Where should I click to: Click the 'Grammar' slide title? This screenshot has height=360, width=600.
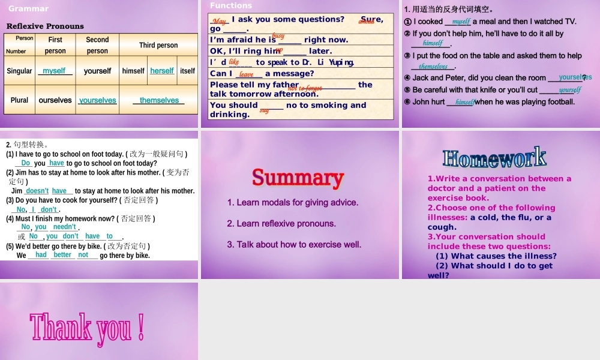(28, 9)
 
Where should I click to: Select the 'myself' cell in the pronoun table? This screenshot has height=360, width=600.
(54, 71)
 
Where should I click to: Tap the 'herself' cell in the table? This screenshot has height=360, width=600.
(162, 71)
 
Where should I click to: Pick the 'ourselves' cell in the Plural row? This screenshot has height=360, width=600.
(55, 100)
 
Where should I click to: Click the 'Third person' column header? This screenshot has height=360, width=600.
(158, 45)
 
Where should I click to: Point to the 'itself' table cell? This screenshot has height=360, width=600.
(187, 71)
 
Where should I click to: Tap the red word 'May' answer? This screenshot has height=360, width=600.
(220, 21)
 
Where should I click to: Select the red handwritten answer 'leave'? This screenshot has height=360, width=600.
(247, 74)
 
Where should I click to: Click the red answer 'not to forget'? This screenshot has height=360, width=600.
(305, 88)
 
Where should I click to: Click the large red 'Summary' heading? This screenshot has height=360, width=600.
(298, 178)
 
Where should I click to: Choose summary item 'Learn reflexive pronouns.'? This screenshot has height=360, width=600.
(281, 223)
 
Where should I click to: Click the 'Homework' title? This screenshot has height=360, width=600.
(494, 158)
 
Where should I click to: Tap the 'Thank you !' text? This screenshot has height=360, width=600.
(87, 328)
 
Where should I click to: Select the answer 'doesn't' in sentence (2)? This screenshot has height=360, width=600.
(37, 191)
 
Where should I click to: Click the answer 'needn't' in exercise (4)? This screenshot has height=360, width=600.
(64, 227)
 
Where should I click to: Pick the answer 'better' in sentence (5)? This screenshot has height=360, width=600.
(62, 255)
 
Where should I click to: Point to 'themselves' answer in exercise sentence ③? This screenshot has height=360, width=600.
(433, 67)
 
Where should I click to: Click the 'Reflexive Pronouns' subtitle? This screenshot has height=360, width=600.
(45, 26)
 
